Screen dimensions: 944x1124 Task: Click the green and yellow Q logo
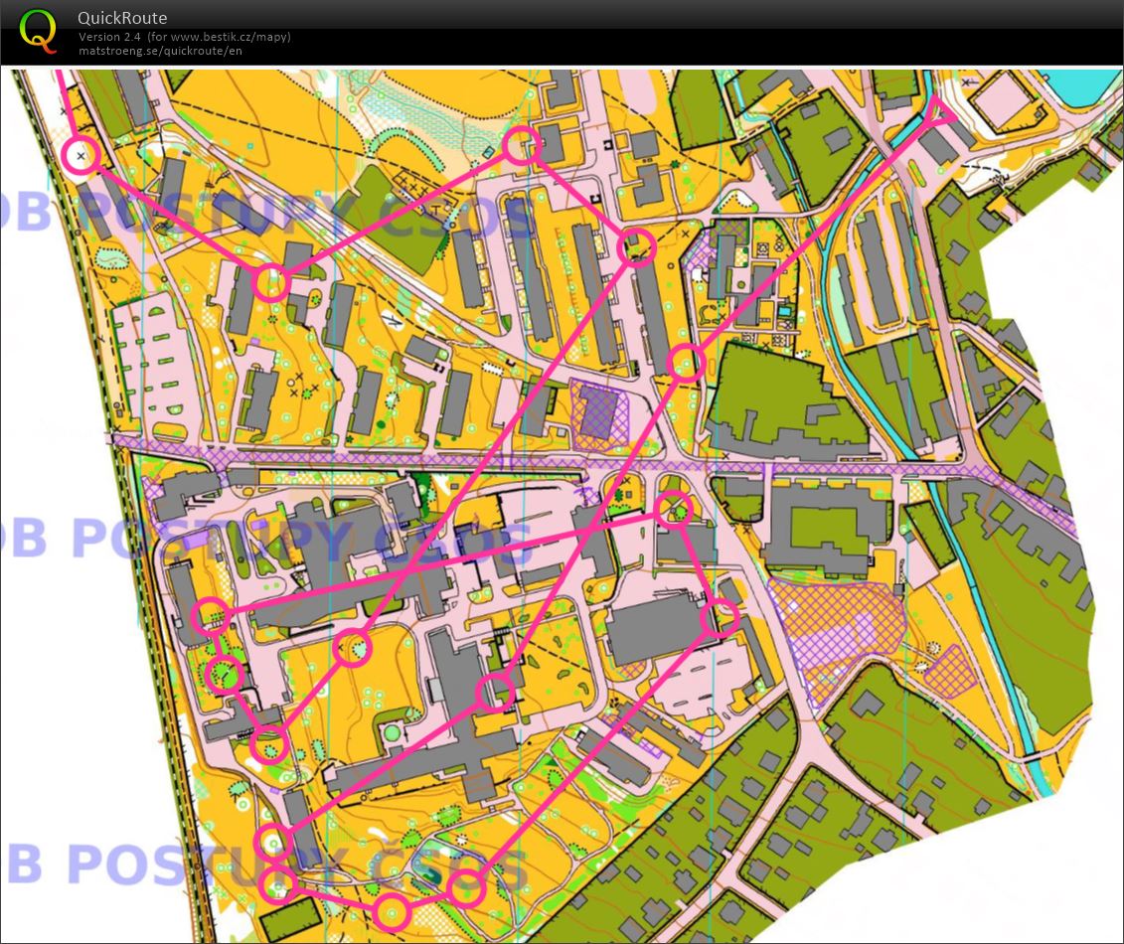tap(38, 30)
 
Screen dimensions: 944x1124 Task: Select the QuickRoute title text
tap(122, 18)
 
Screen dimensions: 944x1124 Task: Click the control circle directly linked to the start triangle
tap(686, 362)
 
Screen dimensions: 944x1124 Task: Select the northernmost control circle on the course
tap(520, 146)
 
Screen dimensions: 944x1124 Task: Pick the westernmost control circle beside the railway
tap(80, 155)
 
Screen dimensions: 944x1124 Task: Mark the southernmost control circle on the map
tap(393, 910)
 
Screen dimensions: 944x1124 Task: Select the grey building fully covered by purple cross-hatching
tap(599, 411)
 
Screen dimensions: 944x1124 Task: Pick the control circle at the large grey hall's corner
tap(721, 618)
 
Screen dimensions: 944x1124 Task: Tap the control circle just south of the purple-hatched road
tap(675, 509)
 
